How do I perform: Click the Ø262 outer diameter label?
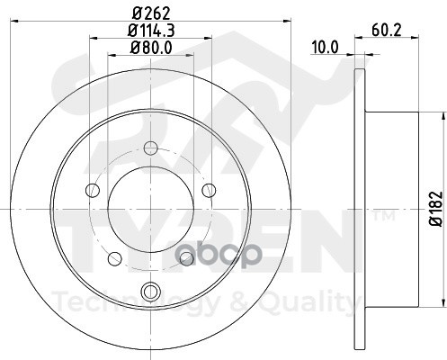[x=151, y=13]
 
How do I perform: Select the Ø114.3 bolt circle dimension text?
[x=151, y=31]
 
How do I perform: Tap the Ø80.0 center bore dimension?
[x=151, y=48]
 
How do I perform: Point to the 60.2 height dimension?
[x=387, y=30]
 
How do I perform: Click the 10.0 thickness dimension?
[x=325, y=48]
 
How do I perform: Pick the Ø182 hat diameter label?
[x=436, y=209]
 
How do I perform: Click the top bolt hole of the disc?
[x=150, y=148]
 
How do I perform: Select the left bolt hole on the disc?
[x=93, y=190]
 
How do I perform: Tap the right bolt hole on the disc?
[x=209, y=190]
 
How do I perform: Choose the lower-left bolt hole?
[x=115, y=258]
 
